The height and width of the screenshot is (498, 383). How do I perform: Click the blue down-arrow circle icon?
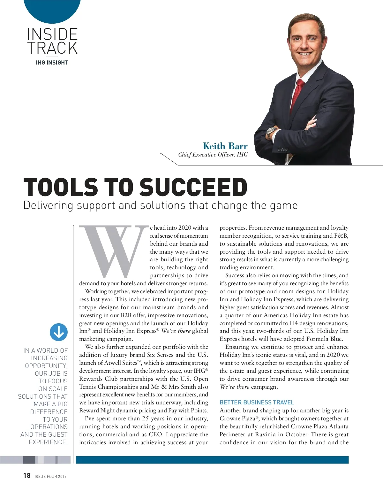point(59,332)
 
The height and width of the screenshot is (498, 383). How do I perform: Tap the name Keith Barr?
point(225,146)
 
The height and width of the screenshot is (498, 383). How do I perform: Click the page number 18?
point(27,476)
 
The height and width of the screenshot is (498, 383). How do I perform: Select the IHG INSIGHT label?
point(52,63)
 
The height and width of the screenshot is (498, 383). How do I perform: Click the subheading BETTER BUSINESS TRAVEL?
point(257,402)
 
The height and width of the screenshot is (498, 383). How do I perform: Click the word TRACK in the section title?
point(52,48)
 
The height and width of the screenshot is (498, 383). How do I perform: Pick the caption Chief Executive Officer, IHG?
point(213,155)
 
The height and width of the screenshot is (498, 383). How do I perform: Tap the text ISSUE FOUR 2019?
point(50,476)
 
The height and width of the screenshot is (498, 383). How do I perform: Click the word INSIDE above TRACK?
point(52,34)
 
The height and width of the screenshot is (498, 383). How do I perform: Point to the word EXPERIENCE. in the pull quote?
point(48,442)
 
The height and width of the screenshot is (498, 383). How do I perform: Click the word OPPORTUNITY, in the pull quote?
point(46,365)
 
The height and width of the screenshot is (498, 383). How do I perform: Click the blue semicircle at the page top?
point(52,10)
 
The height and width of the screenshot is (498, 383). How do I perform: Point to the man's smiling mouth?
point(304,53)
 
